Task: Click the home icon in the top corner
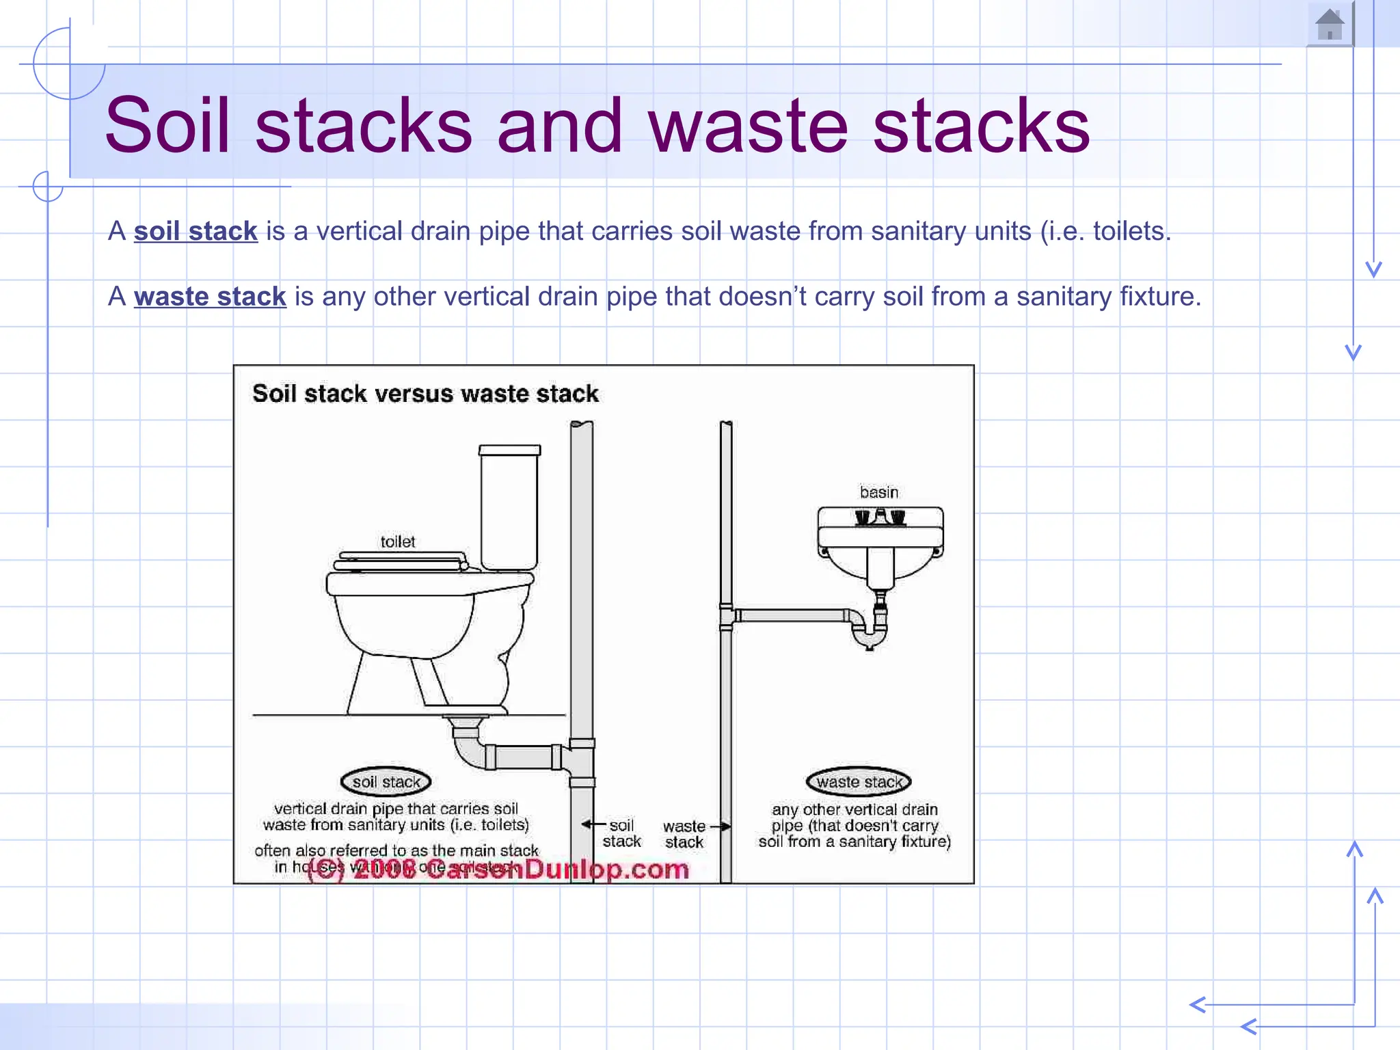tap(1330, 25)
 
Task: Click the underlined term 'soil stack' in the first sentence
tap(196, 231)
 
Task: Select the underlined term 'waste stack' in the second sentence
tap(210, 297)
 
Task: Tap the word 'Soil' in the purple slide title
tap(167, 125)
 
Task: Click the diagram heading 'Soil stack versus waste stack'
tap(425, 394)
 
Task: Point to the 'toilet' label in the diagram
tap(397, 541)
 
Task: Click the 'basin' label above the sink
tap(878, 492)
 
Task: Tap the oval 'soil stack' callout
tap(386, 781)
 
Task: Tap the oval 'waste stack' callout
tap(859, 781)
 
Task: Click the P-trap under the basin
tap(870, 632)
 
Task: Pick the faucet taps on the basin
tap(880, 517)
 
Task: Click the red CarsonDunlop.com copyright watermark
tap(499, 870)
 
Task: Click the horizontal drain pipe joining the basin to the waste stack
tap(793, 615)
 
